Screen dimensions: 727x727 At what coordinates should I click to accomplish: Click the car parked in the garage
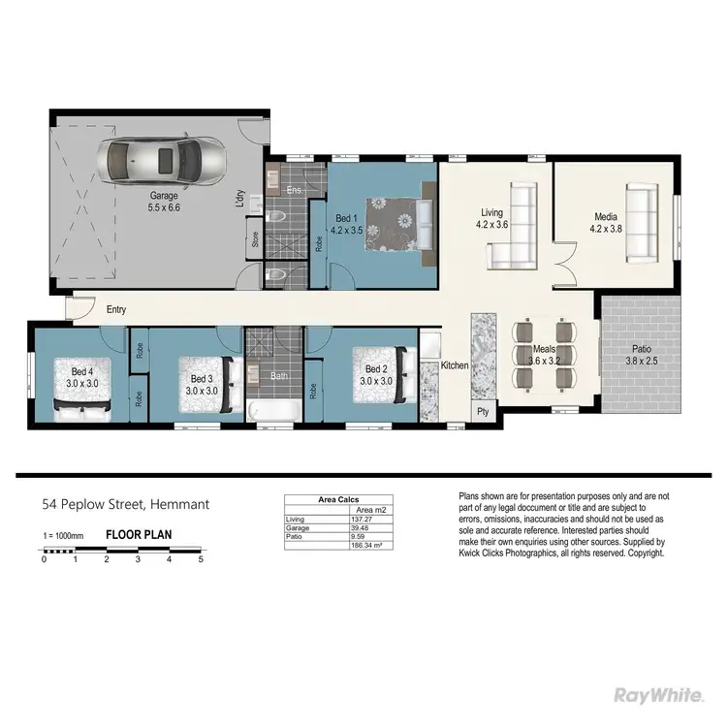pos(165,159)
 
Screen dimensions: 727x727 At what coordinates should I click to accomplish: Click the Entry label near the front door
pos(116,309)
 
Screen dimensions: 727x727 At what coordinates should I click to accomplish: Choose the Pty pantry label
pos(483,411)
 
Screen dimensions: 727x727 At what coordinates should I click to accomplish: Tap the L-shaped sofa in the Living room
pos(514,231)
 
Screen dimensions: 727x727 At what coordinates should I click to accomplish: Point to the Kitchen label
pos(455,365)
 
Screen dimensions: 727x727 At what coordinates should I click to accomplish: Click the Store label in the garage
pos(256,239)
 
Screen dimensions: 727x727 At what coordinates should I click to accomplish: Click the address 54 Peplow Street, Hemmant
pos(125,504)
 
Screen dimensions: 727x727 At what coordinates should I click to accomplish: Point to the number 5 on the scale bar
pos(201,559)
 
